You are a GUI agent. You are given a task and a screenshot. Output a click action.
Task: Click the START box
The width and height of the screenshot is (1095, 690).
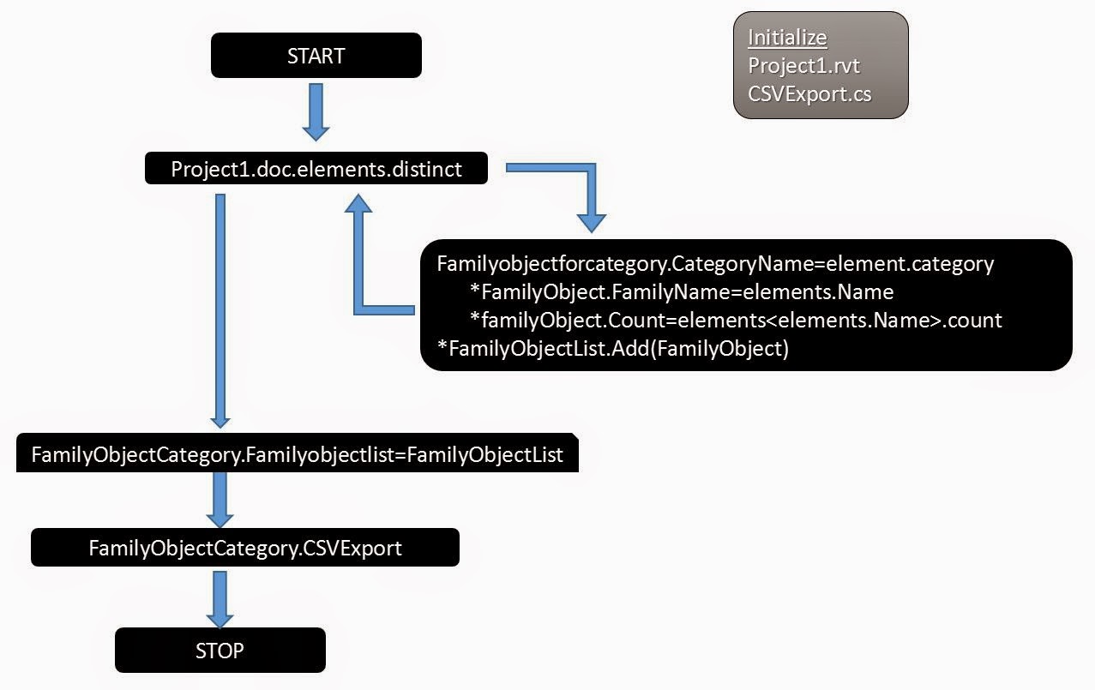click(x=316, y=56)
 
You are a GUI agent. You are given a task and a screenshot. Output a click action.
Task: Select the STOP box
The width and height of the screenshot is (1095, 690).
click(x=220, y=651)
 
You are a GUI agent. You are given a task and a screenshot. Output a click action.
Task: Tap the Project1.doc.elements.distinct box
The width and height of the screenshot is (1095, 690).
click(x=316, y=169)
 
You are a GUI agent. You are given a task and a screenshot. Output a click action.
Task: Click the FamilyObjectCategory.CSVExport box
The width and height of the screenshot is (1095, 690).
click(x=244, y=548)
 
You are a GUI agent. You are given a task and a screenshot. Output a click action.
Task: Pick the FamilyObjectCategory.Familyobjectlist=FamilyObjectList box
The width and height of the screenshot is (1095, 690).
click(x=297, y=454)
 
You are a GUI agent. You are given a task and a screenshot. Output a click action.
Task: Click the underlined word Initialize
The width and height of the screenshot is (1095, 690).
click(x=787, y=38)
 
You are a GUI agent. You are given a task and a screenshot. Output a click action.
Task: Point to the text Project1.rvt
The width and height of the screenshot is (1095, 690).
click(x=803, y=65)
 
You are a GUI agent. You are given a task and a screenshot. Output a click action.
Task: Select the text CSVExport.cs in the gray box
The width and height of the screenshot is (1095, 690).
click(x=809, y=93)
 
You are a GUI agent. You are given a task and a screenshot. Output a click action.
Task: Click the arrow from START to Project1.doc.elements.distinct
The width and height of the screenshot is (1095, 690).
click(x=316, y=111)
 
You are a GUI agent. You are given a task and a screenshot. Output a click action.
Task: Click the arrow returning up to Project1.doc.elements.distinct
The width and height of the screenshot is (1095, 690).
click(x=361, y=257)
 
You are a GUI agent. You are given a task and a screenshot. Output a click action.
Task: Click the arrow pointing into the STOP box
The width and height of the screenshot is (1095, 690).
click(x=220, y=599)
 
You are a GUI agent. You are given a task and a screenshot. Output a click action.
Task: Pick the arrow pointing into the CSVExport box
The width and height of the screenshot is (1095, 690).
click(x=220, y=500)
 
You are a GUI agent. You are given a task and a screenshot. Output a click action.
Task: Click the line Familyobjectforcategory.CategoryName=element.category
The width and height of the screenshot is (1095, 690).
click(x=715, y=263)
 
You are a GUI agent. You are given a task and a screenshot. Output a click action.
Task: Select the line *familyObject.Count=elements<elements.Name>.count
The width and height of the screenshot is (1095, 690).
click(x=736, y=320)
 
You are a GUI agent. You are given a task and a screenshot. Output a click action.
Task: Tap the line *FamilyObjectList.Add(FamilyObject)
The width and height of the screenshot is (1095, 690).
click(x=612, y=348)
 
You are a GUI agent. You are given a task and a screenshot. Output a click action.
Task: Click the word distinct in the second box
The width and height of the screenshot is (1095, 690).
click(x=426, y=169)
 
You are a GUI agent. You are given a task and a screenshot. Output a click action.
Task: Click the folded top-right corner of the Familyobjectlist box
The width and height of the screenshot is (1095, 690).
click(x=573, y=437)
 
